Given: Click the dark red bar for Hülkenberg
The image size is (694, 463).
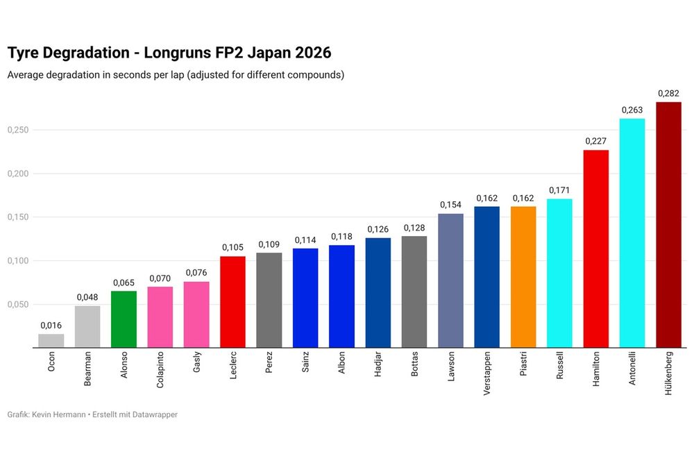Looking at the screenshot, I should [668, 225].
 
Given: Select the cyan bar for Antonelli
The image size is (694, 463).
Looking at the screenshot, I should [632, 233].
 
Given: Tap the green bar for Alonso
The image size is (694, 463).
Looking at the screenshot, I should [124, 319].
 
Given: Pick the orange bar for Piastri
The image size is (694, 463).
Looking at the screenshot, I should [523, 277].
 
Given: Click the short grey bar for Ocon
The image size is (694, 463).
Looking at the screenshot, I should [51, 341].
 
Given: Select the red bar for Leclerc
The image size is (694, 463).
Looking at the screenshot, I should [232, 302].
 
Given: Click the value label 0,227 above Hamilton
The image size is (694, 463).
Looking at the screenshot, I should [595, 141].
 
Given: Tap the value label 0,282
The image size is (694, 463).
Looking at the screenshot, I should [668, 93].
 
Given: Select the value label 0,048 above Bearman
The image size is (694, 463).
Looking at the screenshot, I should [87, 297].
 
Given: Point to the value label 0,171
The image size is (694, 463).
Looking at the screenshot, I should [559, 190].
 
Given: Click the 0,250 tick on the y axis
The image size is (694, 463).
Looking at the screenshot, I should [17, 130].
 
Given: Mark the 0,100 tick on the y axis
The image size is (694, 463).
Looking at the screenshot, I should [17, 261].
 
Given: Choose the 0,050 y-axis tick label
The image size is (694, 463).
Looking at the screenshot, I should [17, 305].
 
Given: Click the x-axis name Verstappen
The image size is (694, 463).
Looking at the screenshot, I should [486, 378].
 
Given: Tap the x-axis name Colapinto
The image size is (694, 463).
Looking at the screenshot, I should [160, 376].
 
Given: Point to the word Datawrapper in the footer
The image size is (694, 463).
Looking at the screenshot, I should [155, 414].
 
